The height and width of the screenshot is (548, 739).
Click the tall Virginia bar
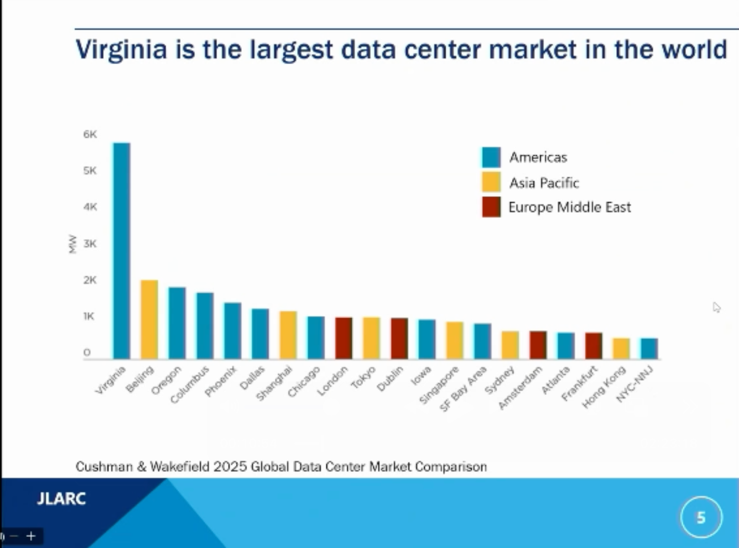(122, 251)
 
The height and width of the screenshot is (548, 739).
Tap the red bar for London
(344, 338)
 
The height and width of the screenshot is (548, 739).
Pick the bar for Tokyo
(371, 338)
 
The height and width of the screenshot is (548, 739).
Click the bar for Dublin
(399, 338)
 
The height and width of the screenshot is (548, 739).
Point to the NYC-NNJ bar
(649, 349)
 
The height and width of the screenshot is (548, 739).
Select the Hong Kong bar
(621, 349)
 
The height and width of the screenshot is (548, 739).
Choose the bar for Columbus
(205, 326)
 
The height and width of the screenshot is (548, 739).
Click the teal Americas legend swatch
(491, 157)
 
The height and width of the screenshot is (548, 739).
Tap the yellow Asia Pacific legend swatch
(491, 182)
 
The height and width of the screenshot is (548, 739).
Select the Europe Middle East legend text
(569, 207)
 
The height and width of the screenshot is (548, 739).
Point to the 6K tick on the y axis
(90, 134)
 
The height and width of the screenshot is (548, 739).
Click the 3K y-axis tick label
(90, 244)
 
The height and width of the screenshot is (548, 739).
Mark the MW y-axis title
(72, 244)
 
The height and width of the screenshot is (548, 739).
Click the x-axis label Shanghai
(275, 384)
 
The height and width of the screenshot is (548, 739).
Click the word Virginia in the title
(121, 49)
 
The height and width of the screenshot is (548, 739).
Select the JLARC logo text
(61, 499)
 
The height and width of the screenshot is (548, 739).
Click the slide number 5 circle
(701, 518)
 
